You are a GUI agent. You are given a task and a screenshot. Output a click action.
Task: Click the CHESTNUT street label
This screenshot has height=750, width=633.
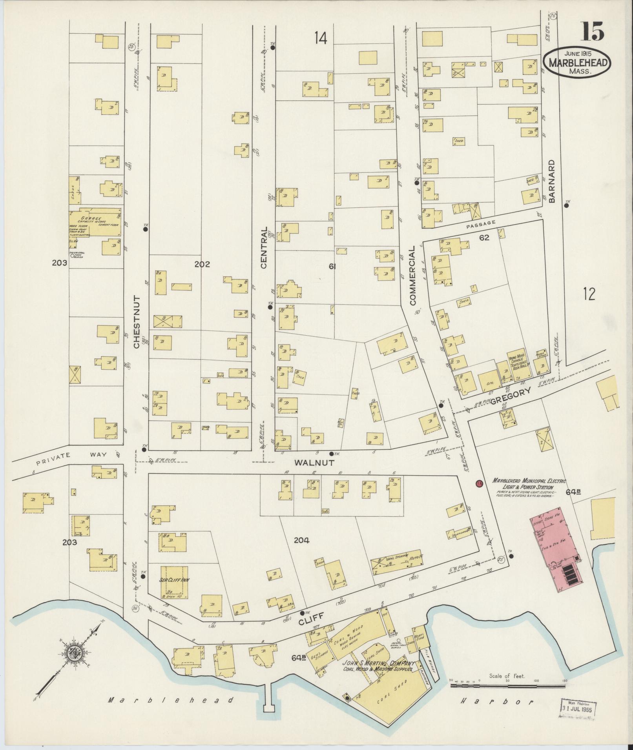tap(137, 322)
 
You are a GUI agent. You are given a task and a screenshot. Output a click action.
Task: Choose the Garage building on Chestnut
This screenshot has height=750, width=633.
tap(95, 223)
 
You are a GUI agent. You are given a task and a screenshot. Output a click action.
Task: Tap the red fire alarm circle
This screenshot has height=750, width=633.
tap(479, 484)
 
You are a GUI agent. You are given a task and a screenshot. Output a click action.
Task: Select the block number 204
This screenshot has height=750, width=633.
tap(301, 540)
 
